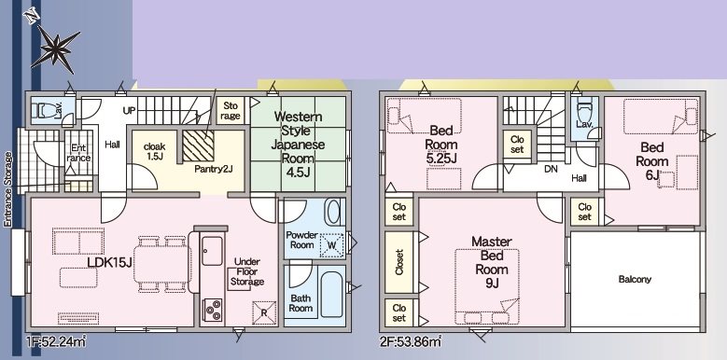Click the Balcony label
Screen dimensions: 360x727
click(x=634, y=280)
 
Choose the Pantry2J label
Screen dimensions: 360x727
click(x=213, y=170)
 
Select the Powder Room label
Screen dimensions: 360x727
click(x=302, y=240)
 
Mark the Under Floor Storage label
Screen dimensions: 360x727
click(x=246, y=272)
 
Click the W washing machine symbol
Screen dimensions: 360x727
click(x=331, y=245)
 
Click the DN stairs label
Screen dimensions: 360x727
click(x=550, y=170)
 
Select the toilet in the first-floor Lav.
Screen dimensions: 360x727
click(x=42, y=110)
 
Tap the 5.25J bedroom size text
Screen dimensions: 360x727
click(x=440, y=159)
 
